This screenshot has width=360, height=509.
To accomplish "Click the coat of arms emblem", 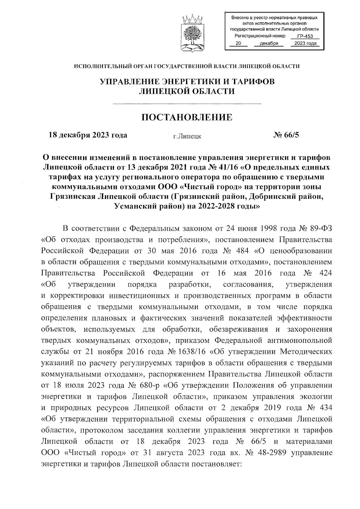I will [x=193, y=33].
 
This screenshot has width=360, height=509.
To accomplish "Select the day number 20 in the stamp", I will [x=238, y=44].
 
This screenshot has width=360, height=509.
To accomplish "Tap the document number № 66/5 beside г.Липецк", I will [x=286, y=135].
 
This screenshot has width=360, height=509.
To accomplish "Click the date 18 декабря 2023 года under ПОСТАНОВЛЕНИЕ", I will [x=88, y=135].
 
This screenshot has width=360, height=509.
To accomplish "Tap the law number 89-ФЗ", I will [x=320, y=228].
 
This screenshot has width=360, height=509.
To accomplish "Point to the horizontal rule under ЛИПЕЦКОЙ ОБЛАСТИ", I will [x=187, y=104].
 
